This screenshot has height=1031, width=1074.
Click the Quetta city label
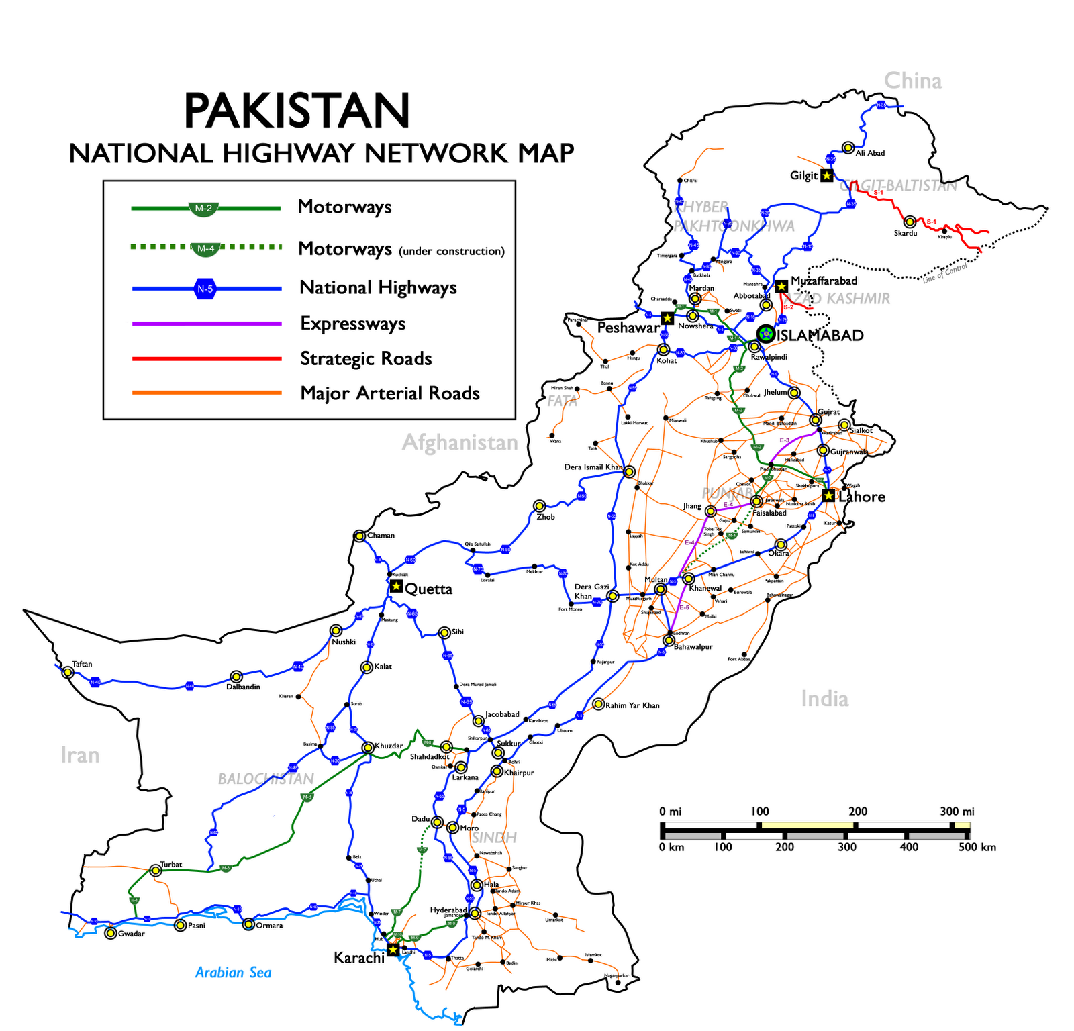tap(428, 589)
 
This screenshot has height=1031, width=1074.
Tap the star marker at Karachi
tap(393, 949)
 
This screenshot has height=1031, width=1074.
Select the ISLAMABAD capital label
tap(820, 336)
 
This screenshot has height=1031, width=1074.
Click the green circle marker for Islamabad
tap(765, 334)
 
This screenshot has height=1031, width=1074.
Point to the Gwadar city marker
tap(111, 933)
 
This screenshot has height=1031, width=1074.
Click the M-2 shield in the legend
tap(203, 209)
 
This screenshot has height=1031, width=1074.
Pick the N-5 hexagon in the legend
tap(205, 289)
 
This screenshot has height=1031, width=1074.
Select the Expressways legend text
tap(352, 324)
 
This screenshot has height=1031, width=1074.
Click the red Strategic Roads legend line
tap(207, 359)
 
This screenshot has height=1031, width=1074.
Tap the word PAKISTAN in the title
tap(296, 111)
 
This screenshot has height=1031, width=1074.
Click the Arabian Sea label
tap(233, 973)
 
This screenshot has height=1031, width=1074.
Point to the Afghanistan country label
tap(460, 443)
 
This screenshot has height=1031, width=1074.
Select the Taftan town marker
tap(67, 671)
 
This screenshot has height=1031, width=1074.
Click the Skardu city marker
tap(910, 222)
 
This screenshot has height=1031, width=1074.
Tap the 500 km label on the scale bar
tap(977, 847)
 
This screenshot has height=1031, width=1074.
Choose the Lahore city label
tap(861, 497)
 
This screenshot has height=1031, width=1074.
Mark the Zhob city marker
tap(540, 505)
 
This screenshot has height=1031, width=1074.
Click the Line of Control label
tap(944, 273)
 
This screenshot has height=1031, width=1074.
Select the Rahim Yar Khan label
tap(632, 705)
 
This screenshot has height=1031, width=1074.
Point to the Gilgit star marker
tap(827, 175)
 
